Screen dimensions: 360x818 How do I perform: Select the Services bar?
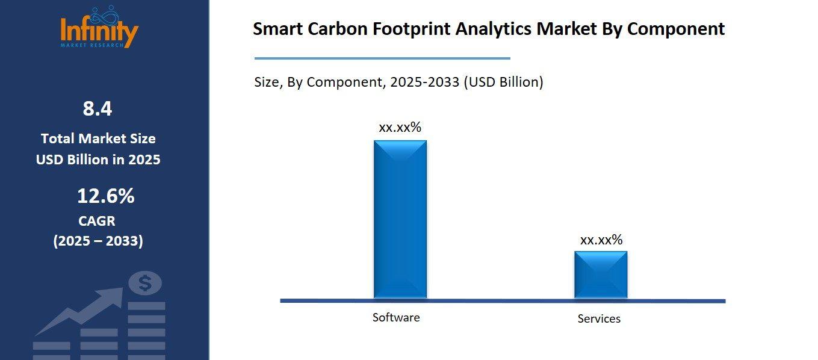(600, 274)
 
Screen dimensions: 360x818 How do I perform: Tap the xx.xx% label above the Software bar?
(400, 128)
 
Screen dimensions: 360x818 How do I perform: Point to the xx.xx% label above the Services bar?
(601, 240)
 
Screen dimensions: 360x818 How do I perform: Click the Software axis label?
(395, 317)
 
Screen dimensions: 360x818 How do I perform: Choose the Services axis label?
(599, 318)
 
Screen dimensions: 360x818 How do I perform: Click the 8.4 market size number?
(98, 109)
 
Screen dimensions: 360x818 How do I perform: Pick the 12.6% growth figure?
(105, 196)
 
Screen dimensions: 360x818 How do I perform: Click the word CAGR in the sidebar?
(97, 221)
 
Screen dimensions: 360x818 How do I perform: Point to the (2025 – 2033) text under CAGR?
(98, 241)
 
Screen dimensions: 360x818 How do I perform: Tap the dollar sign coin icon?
(145, 283)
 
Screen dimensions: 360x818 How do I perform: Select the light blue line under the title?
(382, 58)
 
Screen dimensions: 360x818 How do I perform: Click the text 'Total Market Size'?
(98, 138)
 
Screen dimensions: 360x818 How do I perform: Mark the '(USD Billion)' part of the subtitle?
(503, 82)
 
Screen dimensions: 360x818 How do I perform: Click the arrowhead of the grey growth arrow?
(114, 297)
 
